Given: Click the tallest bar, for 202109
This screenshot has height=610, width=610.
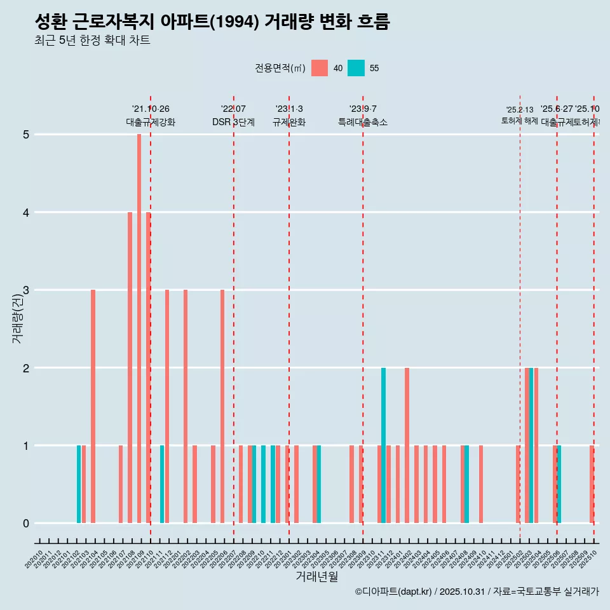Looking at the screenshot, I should pyautogui.click(x=139, y=329).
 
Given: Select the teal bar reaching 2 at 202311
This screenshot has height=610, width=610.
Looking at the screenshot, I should pyautogui.click(x=383, y=445).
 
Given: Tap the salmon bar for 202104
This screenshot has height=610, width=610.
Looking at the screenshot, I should pyautogui.click(x=93, y=407).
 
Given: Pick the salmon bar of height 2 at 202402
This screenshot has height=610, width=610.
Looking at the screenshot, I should pyautogui.click(x=407, y=445).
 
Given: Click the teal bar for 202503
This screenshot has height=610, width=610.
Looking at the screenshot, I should pyautogui.click(x=531, y=445).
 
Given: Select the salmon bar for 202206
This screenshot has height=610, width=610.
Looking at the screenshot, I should pyautogui.click(x=222, y=407).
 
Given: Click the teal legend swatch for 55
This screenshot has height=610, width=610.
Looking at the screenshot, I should pyautogui.click(x=356, y=68).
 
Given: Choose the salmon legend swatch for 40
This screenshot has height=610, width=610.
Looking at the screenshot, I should pyautogui.click(x=320, y=68).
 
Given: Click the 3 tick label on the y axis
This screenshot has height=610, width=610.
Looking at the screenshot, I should pyautogui.click(x=26, y=290).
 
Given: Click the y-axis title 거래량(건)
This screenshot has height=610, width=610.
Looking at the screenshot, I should pyautogui.click(x=17, y=318).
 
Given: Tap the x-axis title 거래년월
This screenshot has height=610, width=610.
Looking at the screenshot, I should pyautogui.click(x=316, y=576).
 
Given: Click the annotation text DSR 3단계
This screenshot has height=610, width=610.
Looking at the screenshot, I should pyautogui.click(x=233, y=122).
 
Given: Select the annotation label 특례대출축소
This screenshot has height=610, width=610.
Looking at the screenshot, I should pyautogui.click(x=362, y=122).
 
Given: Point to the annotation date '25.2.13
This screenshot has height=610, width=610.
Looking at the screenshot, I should pyautogui.click(x=520, y=110).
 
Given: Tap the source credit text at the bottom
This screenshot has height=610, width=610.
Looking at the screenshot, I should pyautogui.click(x=477, y=592).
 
